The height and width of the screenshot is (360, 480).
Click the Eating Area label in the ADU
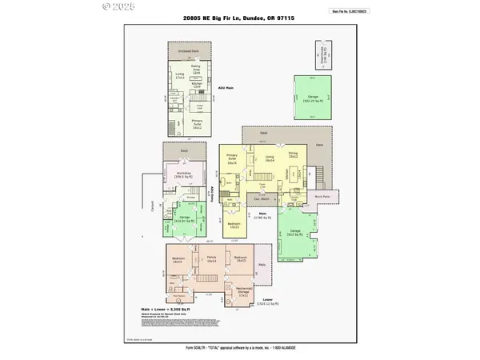[x=195, y=70]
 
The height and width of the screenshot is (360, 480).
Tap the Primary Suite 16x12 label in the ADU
[x=197, y=124]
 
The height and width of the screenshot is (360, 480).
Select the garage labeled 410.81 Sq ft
[x=184, y=218]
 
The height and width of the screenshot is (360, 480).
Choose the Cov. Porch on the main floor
[x=261, y=198]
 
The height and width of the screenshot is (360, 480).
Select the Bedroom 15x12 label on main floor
[x=234, y=226]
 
